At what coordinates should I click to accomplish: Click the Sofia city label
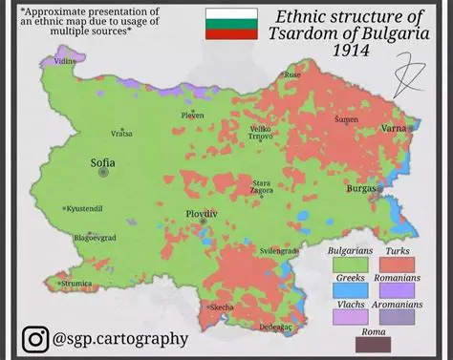tap(102, 162)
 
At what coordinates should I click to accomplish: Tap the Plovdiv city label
tap(201, 212)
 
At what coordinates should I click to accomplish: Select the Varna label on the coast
tap(394, 127)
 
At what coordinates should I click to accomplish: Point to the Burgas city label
tap(361, 189)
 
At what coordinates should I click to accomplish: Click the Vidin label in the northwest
tap(65, 61)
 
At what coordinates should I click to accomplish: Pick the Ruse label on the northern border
tap(292, 74)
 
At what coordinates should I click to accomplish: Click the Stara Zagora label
tap(261, 187)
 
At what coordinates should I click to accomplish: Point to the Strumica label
tap(78, 283)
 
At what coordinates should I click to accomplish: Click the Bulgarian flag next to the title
tap(230, 24)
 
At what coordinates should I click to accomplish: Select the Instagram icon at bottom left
tap(36, 338)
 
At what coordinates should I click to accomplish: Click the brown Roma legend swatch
tap(374, 344)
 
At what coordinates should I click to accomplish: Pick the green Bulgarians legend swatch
tap(349, 265)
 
